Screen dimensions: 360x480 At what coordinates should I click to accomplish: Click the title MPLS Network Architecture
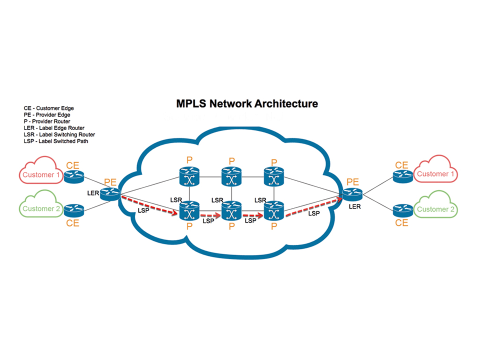pos(247,104)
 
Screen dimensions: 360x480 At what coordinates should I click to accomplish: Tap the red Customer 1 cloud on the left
pos(40,174)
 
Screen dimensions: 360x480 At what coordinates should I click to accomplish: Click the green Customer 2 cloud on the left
pos(40,208)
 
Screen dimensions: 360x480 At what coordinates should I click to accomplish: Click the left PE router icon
pos(109,194)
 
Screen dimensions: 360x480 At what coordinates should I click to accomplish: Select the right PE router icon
pos(352,193)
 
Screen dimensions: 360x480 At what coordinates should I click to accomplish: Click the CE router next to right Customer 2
pos(402,209)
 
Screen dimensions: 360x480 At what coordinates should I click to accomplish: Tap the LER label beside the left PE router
pos(93,192)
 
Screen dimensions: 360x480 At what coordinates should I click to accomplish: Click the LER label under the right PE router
pos(354,206)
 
